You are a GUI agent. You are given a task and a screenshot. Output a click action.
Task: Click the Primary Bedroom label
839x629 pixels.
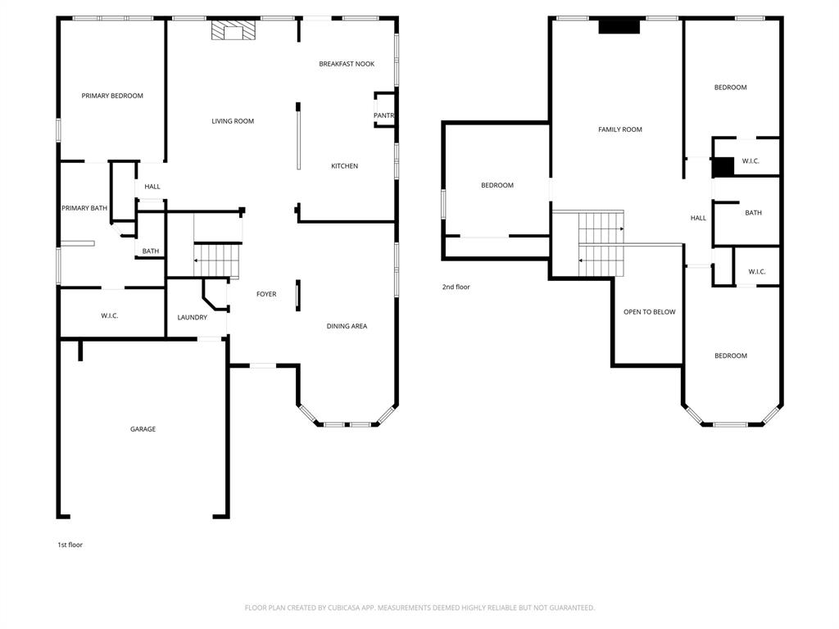(112, 96)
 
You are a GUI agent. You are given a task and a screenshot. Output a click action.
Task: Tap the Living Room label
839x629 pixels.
(233, 121)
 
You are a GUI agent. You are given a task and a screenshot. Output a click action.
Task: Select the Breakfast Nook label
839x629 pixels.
(347, 64)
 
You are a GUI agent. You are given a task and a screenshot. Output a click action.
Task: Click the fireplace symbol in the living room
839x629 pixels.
(234, 30)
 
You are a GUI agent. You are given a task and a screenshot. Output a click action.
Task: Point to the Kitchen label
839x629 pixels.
(344, 166)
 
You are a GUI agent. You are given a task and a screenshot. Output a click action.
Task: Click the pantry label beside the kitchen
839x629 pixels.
(384, 115)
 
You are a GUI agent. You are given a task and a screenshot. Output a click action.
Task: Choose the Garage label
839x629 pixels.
(143, 429)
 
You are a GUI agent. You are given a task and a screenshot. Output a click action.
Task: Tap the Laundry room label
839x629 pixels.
(193, 318)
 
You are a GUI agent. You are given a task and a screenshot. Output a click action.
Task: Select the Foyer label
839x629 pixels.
(266, 294)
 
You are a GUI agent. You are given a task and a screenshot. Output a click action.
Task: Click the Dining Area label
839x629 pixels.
(347, 326)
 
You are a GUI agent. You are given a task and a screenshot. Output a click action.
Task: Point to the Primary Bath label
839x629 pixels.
(84, 208)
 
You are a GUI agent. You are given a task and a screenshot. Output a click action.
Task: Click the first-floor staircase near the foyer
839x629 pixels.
(217, 260)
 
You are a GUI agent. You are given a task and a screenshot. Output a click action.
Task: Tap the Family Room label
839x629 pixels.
(620, 129)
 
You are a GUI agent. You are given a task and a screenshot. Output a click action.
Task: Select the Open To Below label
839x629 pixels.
(649, 312)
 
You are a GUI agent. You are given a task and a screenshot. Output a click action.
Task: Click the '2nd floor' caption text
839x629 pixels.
(456, 287)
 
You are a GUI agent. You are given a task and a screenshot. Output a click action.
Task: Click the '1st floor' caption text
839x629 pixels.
(70, 545)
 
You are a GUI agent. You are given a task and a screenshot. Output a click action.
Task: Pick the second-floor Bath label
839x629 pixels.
(753, 213)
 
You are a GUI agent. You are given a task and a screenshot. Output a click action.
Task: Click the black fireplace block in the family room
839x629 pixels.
(619, 26)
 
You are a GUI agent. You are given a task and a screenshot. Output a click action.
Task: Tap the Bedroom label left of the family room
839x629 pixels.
(497, 185)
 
